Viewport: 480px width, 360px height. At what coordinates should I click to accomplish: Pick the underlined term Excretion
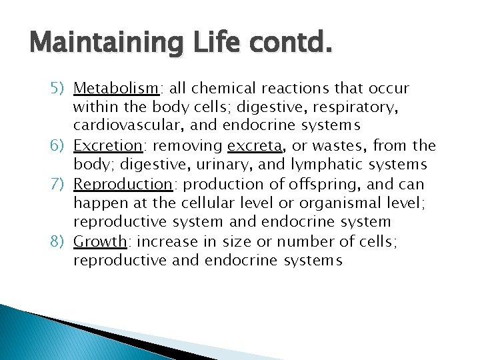point(108,146)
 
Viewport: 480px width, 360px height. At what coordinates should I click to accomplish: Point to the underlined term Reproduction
point(122,185)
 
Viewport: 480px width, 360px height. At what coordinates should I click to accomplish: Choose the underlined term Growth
point(99,242)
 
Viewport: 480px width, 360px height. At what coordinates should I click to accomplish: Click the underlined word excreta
point(253,146)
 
